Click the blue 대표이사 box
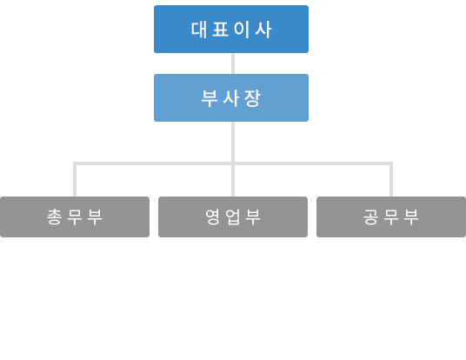click(x=231, y=30)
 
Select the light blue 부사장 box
click(x=231, y=97)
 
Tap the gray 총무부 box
click(x=75, y=217)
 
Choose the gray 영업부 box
click(x=233, y=217)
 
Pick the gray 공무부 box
click(x=391, y=217)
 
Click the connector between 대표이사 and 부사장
click(x=233, y=63)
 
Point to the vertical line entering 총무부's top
click(x=75, y=179)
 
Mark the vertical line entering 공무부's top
click(x=391, y=179)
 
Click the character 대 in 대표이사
click(x=199, y=30)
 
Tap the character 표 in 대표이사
click(x=220, y=30)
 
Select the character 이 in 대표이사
click(x=242, y=30)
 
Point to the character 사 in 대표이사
click(x=263, y=30)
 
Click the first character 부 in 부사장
click(x=210, y=98)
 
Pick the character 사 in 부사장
click(x=231, y=98)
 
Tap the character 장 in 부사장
click(x=252, y=98)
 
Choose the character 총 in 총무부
click(x=54, y=217)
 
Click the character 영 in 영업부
click(x=213, y=217)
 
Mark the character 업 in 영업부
click(x=233, y=217)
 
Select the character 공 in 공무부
click(x=371, y=217)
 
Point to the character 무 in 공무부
click(x=391, y=217)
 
